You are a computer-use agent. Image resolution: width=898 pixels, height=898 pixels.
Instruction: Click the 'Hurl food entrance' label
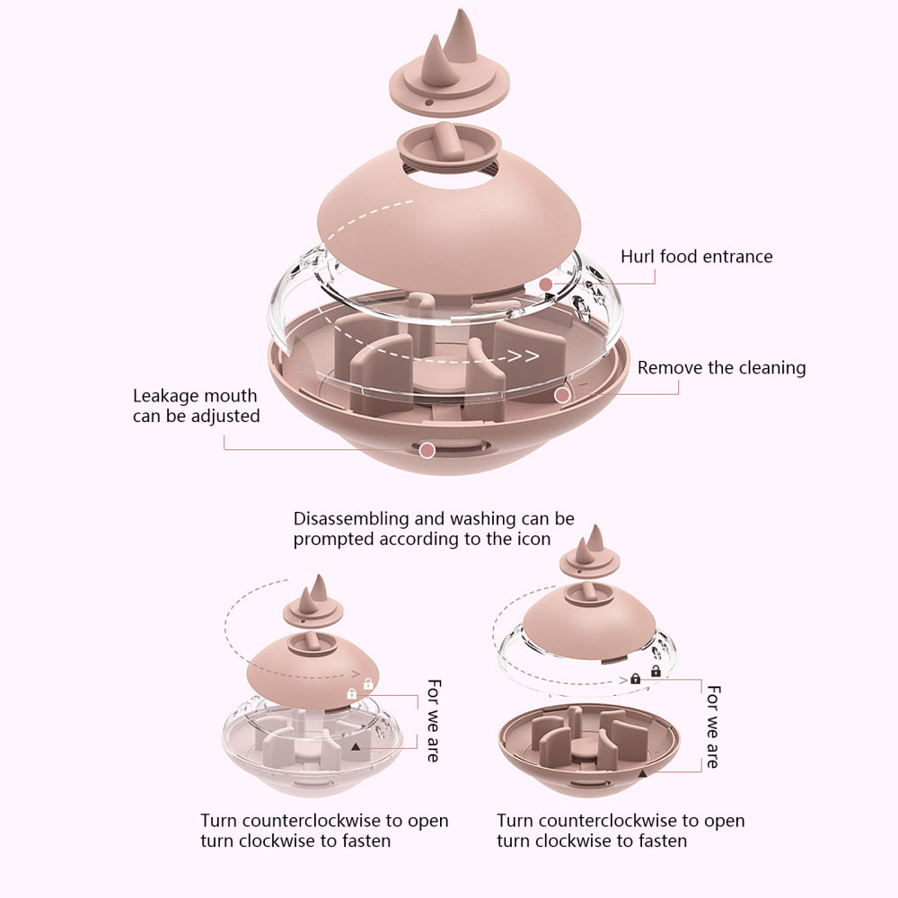click(696, 257)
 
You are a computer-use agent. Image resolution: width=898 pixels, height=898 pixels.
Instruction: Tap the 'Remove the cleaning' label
click(721, 367)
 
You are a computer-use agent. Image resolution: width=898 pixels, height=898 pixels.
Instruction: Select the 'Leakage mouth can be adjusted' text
click(196, 406)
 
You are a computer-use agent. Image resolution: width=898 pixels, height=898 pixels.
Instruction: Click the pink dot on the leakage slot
click(427, 449)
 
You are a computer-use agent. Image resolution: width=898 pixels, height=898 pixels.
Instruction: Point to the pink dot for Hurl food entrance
click(546, 285)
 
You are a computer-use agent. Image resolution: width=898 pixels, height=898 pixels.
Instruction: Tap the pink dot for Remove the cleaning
click(562, 394)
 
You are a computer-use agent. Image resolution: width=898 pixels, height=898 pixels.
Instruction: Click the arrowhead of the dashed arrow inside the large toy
click(530, 357)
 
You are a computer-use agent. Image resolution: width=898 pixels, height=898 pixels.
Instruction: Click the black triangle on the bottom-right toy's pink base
click(642, 772)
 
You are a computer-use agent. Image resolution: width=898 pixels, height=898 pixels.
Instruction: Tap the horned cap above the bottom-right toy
click(589, 554)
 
